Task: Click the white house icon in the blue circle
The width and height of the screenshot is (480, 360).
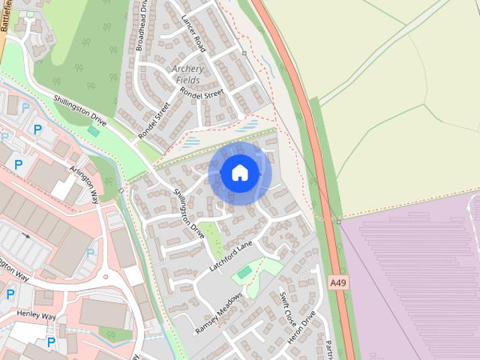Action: point(239,173)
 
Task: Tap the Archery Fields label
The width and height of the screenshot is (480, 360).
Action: point(187,74)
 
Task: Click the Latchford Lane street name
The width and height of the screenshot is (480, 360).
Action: point(233,256)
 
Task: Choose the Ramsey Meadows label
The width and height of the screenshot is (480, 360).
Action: point(219,313)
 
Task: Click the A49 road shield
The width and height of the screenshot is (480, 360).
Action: point(338,283)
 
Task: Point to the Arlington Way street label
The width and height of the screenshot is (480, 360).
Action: point(84,185)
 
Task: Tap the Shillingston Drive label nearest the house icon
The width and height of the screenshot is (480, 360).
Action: point(188,209)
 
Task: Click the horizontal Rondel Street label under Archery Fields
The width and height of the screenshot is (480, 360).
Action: point(203,94)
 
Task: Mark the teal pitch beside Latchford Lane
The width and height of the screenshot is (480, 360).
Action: point(244,271)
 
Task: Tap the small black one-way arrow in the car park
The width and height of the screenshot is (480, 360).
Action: point(27,235)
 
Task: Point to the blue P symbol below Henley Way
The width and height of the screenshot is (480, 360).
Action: point(51,342)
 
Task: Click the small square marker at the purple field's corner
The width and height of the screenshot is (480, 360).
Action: point(339,221)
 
